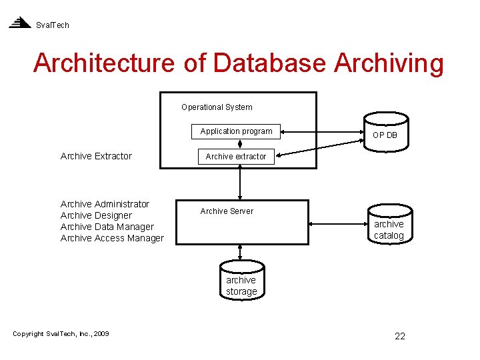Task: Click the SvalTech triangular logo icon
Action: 20,23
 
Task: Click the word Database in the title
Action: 270,63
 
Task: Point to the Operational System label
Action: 217,107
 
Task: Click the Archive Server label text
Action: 227,211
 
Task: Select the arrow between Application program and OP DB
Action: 322,132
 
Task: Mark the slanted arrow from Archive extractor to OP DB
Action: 319,148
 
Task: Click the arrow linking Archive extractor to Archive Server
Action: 240,183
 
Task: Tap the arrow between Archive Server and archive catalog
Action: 338,224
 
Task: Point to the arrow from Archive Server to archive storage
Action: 240,252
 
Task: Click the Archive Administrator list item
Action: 105,204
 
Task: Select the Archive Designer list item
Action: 96,216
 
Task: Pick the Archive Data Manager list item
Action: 107,227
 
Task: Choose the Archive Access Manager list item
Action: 112,239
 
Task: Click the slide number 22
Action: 400,336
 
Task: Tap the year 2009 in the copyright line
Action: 101,334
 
